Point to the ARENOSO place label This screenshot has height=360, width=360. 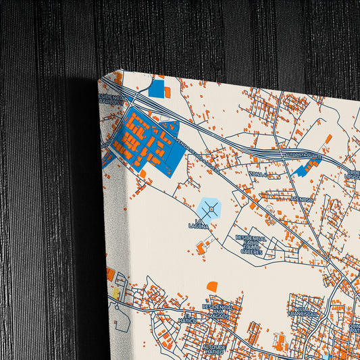pos(301,200)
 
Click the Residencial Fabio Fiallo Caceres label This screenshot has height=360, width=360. pos(251,245)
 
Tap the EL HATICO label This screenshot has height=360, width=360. pos(190,317)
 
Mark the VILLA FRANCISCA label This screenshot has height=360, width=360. pos(303,312)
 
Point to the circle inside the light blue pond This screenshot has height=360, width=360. pos(212,211)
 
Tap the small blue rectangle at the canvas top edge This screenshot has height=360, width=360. pos(157,88)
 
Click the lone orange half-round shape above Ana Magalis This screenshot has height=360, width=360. pos(212,286)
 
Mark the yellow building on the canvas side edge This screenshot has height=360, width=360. pos(115,293)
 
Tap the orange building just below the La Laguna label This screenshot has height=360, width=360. pos(201,249)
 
